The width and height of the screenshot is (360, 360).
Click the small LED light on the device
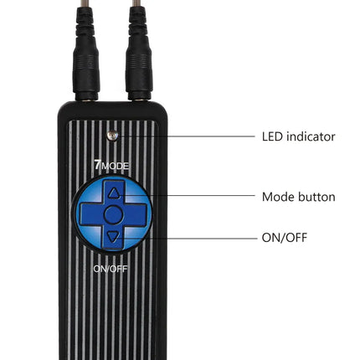pyautogui.click(x=112, y=136)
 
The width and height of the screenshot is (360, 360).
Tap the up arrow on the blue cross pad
pyautogui.click(x=114, y=193)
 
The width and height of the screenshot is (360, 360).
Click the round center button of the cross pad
pyautogui.click(x=113, y=214)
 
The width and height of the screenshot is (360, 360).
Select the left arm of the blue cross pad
pyautogui.click(x=91, y=214)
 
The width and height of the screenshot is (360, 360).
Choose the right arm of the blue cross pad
pyautogui.click(x=136, y=214)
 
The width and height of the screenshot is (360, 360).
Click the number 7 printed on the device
pyautogui.click(x=97, y=165)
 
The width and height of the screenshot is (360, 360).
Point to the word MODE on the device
pyautogui.click(x=115, y=167)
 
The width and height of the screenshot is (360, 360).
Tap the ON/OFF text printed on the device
pyautogui.click(x=111, y=269)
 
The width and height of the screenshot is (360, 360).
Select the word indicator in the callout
pyautogui.click(x=311, y=136)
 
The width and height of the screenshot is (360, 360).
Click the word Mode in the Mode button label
pyautogui.click(x=278, y=197)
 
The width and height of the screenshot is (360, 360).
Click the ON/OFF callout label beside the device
pyautogui.click(x=285, y=238)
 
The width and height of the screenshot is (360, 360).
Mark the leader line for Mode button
pyautogui.click(x=188, y=195)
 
